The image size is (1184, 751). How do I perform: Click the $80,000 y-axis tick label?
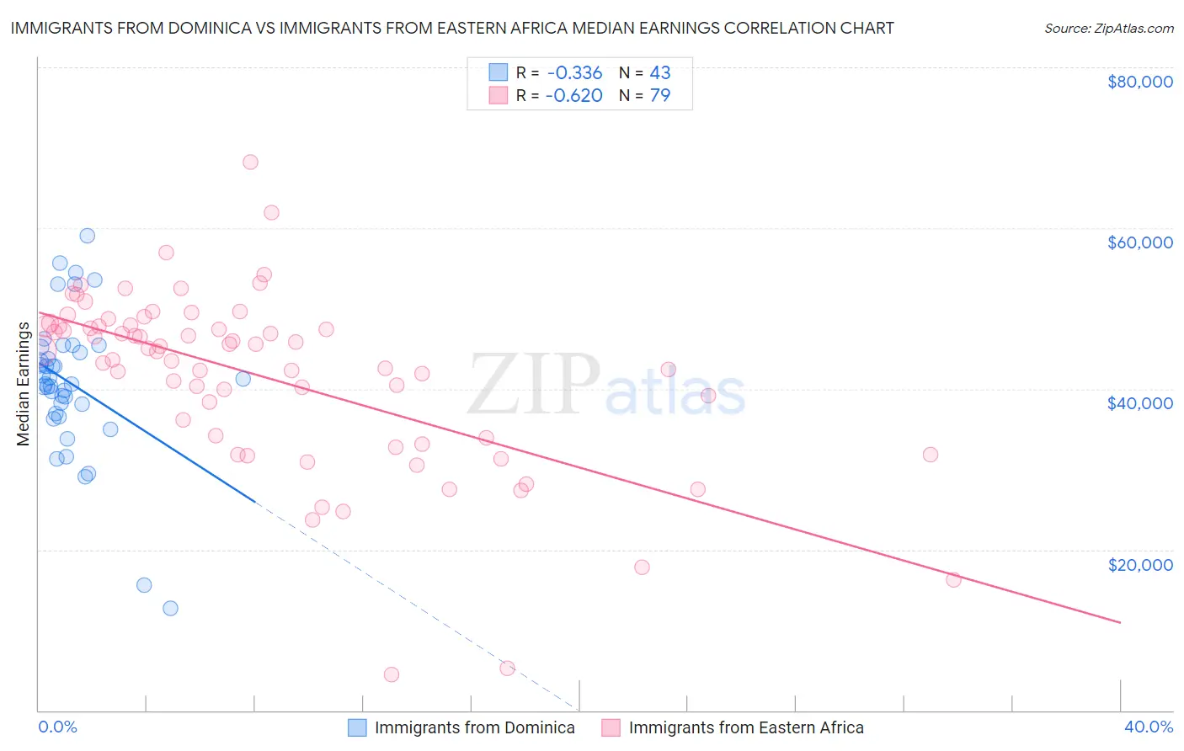1139,82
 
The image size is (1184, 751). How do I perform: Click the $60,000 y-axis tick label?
1139,242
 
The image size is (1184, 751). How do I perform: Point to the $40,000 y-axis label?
1139,403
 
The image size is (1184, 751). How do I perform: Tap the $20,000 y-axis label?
1139,564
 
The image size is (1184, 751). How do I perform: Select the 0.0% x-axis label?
57,727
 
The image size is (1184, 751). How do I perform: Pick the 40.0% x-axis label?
1148,727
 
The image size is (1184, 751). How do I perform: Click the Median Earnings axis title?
23,383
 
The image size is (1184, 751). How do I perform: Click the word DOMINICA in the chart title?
208,28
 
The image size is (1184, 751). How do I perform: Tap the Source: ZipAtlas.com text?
1108,28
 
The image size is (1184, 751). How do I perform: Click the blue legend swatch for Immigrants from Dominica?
357,727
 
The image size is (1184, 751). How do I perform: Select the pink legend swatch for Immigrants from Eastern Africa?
611,727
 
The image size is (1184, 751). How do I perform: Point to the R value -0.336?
573,72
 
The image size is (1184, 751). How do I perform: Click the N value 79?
660,95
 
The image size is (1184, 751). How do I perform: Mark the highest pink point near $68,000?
250,162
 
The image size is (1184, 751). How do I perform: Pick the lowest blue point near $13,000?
170,608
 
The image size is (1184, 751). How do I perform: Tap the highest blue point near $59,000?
88,236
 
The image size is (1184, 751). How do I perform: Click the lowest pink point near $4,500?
391,674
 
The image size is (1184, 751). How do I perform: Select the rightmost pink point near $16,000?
953,579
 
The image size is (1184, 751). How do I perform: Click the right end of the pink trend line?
1120,622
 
